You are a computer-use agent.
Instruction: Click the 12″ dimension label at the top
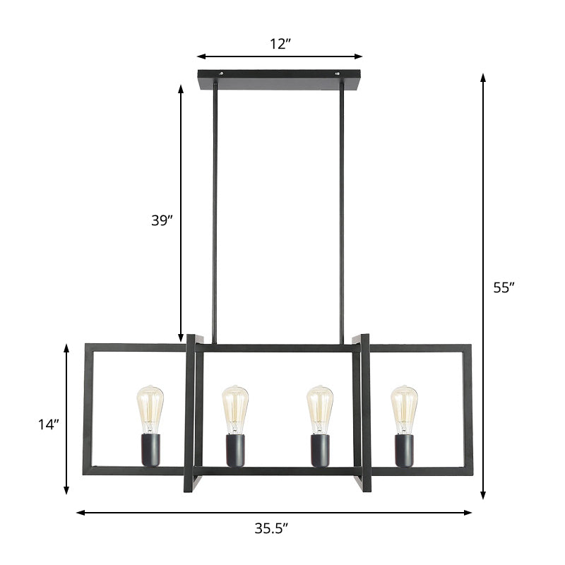click(280, 44)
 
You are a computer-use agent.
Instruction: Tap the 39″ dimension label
click(162, 220)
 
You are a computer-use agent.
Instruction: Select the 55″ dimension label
click(504, 287)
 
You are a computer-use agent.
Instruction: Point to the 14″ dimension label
click(49, 424)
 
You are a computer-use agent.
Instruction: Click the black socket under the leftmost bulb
click(150, 451)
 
